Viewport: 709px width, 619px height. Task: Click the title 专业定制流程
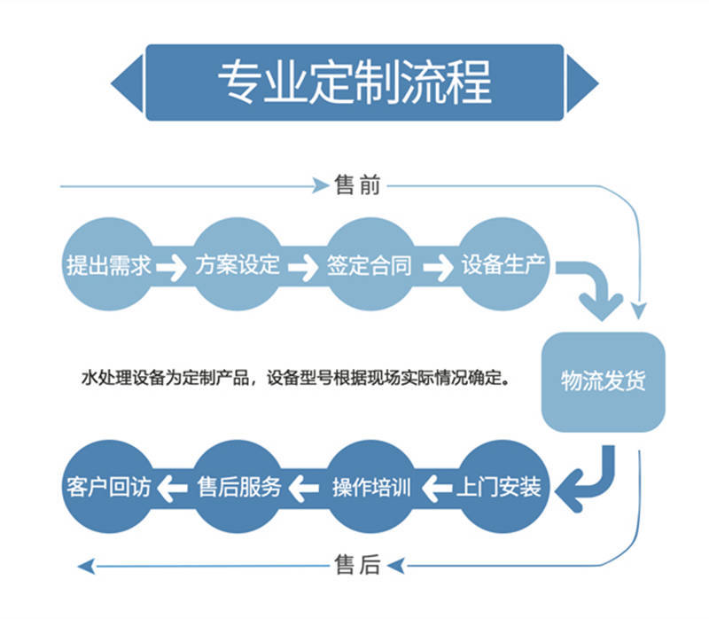pos(354,82)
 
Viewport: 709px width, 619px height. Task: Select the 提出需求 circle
pos(109,264)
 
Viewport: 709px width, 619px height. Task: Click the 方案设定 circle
pos(239,264)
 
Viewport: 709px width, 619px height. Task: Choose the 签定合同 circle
pos(370,264)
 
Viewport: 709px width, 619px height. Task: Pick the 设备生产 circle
pos(503,264)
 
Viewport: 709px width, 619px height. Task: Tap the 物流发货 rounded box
pos(604,381)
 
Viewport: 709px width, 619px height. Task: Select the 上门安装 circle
pos(503,487)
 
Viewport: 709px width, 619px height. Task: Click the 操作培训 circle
pos(370,487)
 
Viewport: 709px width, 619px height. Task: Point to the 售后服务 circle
pos(239,487)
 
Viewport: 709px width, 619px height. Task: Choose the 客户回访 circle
pos(109,487)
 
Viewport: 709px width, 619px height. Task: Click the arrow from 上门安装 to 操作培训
pos(436,487)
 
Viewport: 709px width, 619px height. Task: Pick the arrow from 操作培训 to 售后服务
pos(304,487)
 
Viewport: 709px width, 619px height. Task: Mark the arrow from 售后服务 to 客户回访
pos(174,487)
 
